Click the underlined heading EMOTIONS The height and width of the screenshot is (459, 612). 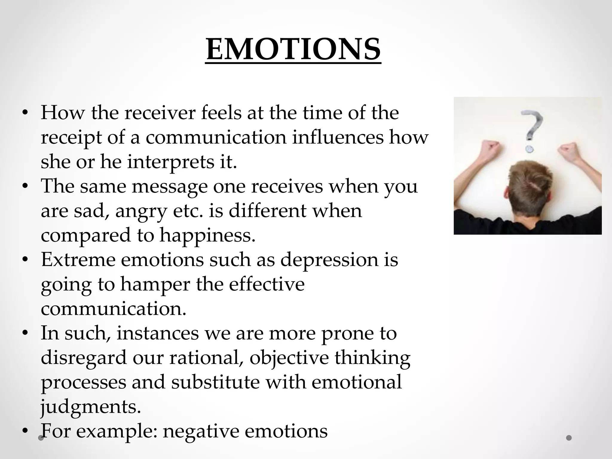pyautogui.click(x=293, y=49)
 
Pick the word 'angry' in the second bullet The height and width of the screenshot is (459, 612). pyautogui.click(x=140, y=211)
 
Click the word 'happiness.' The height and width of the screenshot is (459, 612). pyautogui.click(x=207, y=235)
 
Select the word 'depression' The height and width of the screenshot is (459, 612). pyautogui.click(x=329, y=260)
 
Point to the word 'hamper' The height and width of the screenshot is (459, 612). pyautogui.click(x=155, y=284)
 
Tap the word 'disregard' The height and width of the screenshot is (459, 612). pyautogui.click(x=84, y=358)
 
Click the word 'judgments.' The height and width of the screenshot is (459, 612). pyautogui.click(x=91, y=407)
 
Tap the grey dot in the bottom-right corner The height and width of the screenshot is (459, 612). pyautogui.click(x=569, y=438)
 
